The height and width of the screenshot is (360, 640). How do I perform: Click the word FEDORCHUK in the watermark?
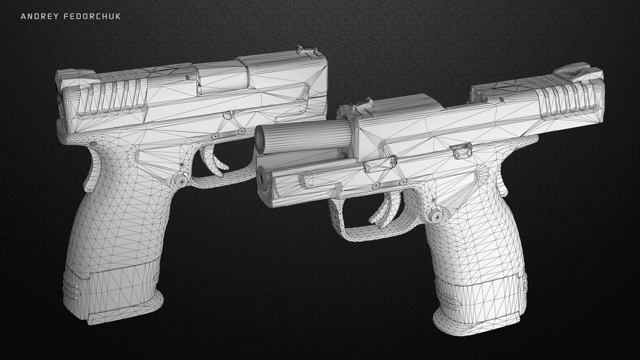[92, 17]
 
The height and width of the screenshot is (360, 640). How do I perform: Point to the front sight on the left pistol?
[306, 50]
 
